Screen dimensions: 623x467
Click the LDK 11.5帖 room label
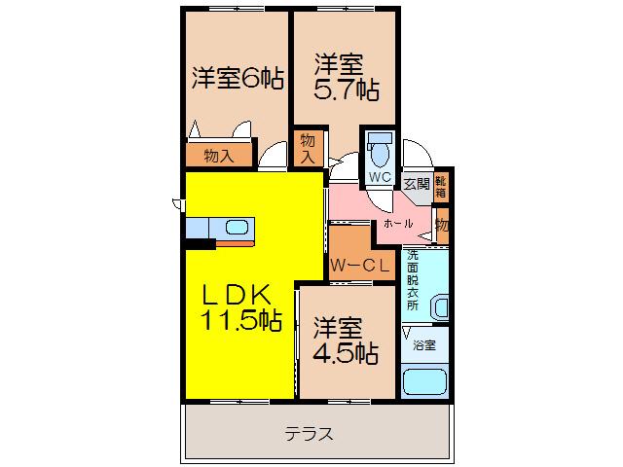[242, 307]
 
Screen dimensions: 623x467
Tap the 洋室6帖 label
[238, 78]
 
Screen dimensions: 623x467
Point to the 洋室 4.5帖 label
[345, 341]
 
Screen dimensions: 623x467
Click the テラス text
[309, 434]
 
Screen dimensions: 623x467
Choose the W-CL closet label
[360, 266]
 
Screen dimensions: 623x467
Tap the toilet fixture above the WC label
[381, 150]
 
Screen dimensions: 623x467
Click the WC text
[381, 177]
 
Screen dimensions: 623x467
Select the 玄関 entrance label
[417, 184]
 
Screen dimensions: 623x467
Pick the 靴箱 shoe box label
[441, 187]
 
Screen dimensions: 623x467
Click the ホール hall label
[398, 224]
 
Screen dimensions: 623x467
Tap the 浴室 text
[424, 345]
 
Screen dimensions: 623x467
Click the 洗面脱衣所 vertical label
[413, 280]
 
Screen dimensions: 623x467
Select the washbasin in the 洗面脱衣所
[440, 307]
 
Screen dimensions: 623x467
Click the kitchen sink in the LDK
[238, 228]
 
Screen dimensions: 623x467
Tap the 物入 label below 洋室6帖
[219, 156]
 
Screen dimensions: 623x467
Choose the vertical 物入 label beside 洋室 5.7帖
[308, 148]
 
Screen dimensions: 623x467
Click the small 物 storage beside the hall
[442, 226]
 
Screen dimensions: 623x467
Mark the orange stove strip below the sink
[235, 243]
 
